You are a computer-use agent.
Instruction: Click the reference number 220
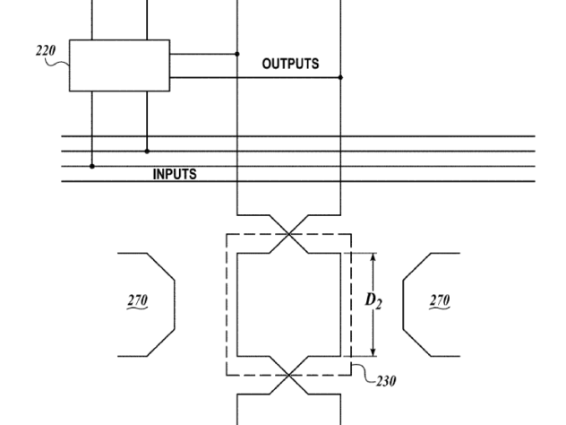[x=46, y=50]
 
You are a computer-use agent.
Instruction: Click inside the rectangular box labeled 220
[x=119, y=65]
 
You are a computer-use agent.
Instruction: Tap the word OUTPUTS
[x=290, y=64]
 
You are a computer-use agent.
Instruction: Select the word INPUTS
[x=175, y=174]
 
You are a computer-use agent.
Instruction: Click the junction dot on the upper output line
[x=237, y=54]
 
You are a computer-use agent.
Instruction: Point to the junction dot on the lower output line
[x=340, y=77]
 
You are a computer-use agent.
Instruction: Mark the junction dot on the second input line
[x=147, y=151]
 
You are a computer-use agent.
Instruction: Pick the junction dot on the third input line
[x=92, y=166]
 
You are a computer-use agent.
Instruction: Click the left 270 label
[x=138, y=300]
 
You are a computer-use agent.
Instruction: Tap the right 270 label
[x=440, y=300]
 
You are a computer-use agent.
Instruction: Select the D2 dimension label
[x=373, y=301]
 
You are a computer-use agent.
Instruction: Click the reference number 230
[x=386, y=381]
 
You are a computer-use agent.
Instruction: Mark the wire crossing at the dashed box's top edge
[x=288, y=234]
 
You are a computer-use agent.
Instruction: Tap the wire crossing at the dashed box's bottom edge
[x=288, y=375]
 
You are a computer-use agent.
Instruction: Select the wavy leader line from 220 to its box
[x=57, y=64]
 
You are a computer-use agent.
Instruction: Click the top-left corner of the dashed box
[x=227, y=234]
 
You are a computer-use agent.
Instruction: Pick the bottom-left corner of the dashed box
[x=227, y=375]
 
